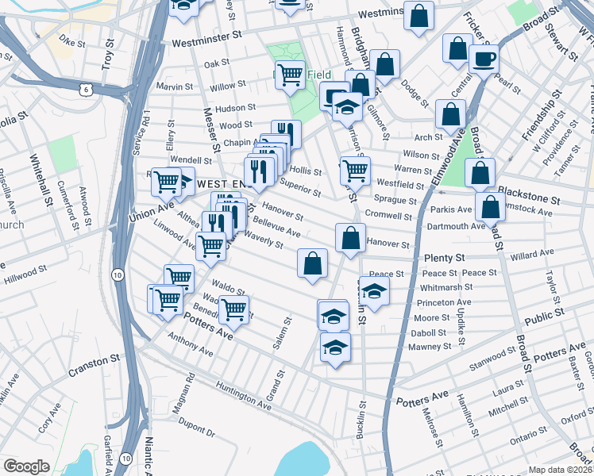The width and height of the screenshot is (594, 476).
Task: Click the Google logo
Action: [26, 466]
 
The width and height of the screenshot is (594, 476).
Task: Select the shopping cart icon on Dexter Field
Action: [290, 75]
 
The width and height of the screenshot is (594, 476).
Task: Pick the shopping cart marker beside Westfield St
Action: [355, 170]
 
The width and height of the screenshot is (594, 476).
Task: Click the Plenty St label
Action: [444, 258]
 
